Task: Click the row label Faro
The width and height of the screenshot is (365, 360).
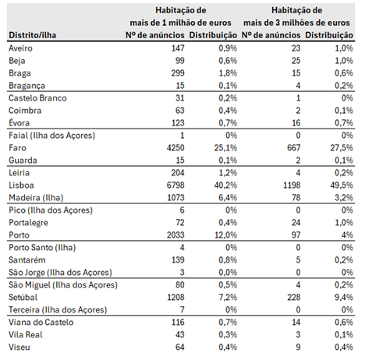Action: [17, 148]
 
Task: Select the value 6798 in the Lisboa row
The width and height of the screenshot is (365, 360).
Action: [175, 185]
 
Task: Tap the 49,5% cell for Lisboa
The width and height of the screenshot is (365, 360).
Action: [342, 185]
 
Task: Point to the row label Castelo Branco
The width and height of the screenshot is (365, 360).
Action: [37, 98]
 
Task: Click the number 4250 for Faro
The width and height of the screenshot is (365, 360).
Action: [175, 148]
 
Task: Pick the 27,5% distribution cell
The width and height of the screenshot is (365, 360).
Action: [342, 148]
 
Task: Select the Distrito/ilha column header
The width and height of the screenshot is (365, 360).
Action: [33, 35]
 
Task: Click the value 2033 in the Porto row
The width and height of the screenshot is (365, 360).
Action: [175, 235]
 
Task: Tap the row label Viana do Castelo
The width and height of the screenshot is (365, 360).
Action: [41, 322]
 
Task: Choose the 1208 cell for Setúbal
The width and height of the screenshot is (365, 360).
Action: [175, 297]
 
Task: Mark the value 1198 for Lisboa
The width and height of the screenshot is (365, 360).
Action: [292, 185]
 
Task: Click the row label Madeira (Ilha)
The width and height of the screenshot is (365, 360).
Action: [36, 198]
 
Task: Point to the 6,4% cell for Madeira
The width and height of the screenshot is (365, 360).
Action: [228, 198]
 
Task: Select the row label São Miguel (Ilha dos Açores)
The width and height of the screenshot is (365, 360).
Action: [63, 285]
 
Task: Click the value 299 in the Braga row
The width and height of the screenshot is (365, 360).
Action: [178, 73]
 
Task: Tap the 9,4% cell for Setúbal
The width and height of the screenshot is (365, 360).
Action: [344, 297]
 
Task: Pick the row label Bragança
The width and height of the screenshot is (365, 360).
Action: [27, 86]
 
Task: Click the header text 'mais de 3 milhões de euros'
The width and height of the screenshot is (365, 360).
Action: [296, 23]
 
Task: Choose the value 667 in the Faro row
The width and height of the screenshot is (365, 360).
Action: [294, 148]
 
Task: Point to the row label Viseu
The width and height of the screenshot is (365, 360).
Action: [19, 347]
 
